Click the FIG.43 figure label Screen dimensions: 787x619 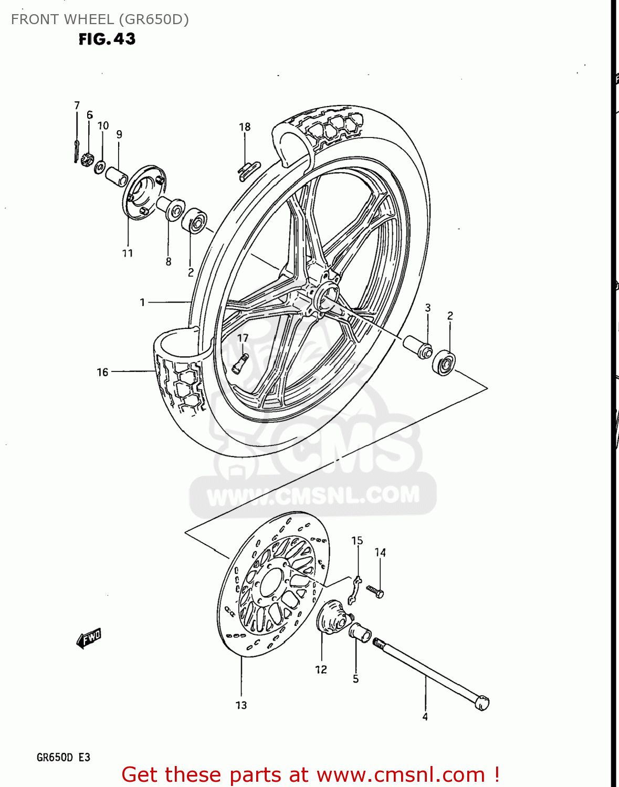pos(107,39)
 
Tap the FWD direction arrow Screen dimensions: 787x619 pos(89,639)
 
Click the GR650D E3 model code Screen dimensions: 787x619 pos(64,758)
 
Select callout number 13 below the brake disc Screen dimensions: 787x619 pos(241,705)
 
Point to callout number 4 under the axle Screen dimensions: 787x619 pos(425,717)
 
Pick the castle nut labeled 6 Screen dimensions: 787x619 pos(87,157)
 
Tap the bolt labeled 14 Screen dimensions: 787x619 pos(376,591)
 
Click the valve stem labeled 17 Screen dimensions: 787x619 pos(240,363)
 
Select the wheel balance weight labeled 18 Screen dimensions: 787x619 pos(248,169)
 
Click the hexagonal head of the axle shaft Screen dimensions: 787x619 pos(482,703)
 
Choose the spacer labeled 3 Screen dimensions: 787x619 pos(417,347)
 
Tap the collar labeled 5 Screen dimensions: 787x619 pos(360,630)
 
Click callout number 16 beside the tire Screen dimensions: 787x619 pos(102,372)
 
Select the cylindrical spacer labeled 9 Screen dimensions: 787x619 pos(117,176)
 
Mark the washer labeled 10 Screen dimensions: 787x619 pos(99,167)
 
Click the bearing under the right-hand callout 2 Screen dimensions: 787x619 pos(444,363)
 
